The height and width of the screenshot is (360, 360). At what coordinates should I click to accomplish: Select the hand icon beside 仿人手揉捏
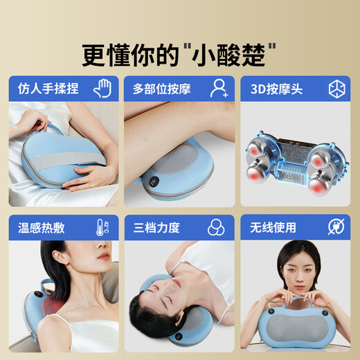[x=102, y=88]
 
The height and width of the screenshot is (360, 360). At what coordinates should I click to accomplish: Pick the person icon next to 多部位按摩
[x=219, y=88]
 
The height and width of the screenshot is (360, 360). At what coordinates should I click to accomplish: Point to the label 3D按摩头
[x=270, y=89]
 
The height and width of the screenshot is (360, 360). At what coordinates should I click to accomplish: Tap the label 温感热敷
[x=41, y=228]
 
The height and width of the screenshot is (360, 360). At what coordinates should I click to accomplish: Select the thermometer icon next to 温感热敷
[x=102, y=227]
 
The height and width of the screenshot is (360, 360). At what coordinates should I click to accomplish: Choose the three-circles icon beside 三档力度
[x=219, y=227]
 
